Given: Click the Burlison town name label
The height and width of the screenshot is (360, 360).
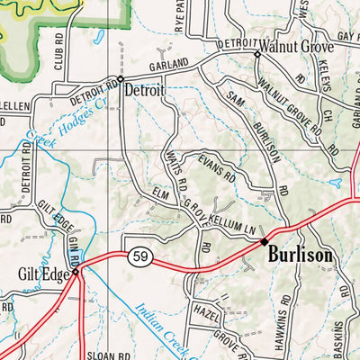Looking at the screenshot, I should coord(300,256).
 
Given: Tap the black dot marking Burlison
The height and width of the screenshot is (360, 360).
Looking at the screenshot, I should coord(264,242).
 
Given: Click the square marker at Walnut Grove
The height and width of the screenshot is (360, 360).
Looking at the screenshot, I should coord(256,54).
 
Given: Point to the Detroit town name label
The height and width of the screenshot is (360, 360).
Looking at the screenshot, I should coord(145,90).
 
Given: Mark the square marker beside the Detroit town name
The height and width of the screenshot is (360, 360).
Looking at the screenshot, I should coord(121,78).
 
